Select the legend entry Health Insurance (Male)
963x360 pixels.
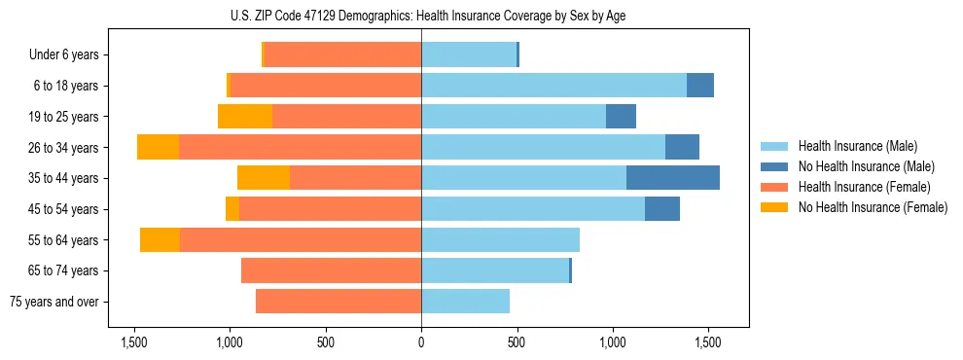853,146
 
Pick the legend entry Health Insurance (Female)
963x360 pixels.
858,187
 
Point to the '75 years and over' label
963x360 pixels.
54,302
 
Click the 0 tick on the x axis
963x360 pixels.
421,342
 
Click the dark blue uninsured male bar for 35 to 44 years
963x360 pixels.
673,177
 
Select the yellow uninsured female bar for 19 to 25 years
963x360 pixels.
245,116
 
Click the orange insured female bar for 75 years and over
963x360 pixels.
339,302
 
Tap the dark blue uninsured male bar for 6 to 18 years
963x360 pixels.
700,86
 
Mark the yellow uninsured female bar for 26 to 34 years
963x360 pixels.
158,147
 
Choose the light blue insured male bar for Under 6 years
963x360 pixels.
468,54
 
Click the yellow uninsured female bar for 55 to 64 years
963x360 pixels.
160,239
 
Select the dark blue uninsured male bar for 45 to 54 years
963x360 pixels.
662,208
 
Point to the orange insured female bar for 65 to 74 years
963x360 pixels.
331,270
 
